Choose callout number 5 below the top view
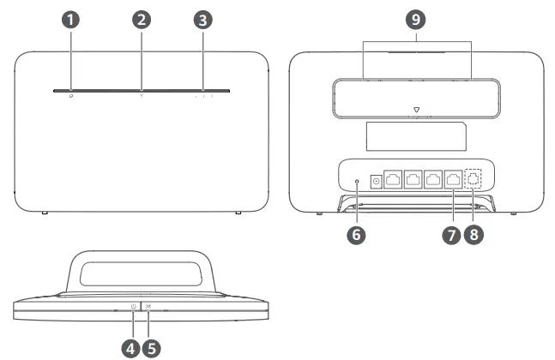point(152,349)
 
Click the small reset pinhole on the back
point(359,181)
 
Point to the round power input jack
point(376,181)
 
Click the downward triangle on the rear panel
point(416,110)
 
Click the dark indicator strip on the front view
point(139,88)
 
